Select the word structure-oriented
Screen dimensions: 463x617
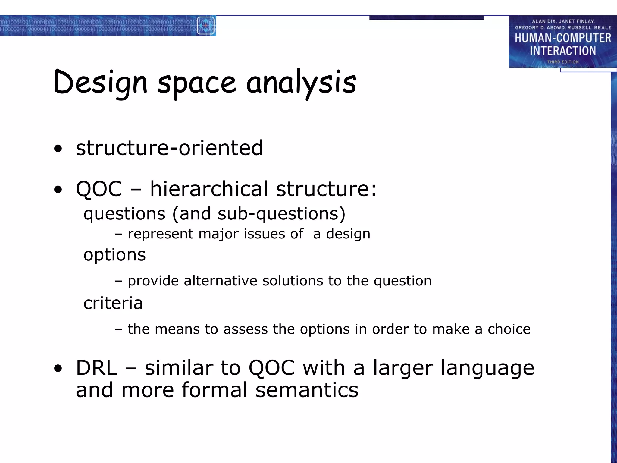point(169,148)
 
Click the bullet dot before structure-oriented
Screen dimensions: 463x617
point(58,149)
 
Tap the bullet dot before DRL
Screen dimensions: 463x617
point(58,368)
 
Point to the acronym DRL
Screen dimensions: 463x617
point(96,368)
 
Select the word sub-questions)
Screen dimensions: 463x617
point(281,214)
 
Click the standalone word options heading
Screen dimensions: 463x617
point(114,255)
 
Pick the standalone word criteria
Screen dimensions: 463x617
point(113,303)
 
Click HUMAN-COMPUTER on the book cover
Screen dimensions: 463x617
point(562,38)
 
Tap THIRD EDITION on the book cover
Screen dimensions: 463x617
point(563,62)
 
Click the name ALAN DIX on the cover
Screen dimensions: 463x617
point(544,21)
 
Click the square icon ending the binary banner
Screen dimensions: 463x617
point(206,26)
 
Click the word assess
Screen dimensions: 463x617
point(245,329)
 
